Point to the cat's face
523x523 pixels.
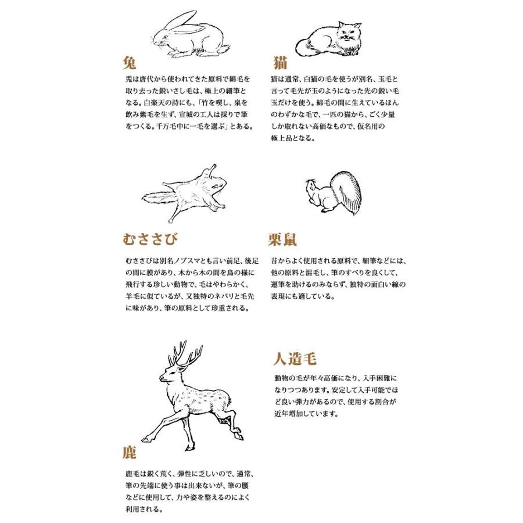(348, 32)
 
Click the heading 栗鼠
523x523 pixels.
(282, 239)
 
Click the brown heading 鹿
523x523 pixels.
(130, 452)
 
